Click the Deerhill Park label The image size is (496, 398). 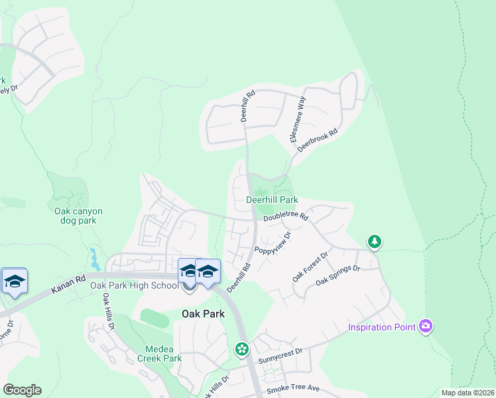pyautogui.click(x=272, y=200)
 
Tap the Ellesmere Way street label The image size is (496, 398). pyautogui.click(x=296, y=119)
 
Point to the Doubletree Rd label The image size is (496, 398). pyautogui.click(x=286, y=217)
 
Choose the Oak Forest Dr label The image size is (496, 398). pyautogui.click(x=310, y=267)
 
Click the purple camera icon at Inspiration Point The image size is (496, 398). pyautogui.click(x=426, y=326)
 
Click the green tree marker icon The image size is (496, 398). pyautogui.click(x=375, y=241)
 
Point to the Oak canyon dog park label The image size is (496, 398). pyautogui.click(x=78, y=216)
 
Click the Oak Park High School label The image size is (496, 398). pyautogui.click(x=135, y=286)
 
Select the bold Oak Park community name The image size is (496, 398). pyautogui.click(x=203, y=313)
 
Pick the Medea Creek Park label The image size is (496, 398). pyautogui.click(x=163, y=354)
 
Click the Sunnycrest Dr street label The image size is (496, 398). pyautogui.click(x=280, y=358)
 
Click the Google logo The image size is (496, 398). pyautogui.click(x=22, y=390)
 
